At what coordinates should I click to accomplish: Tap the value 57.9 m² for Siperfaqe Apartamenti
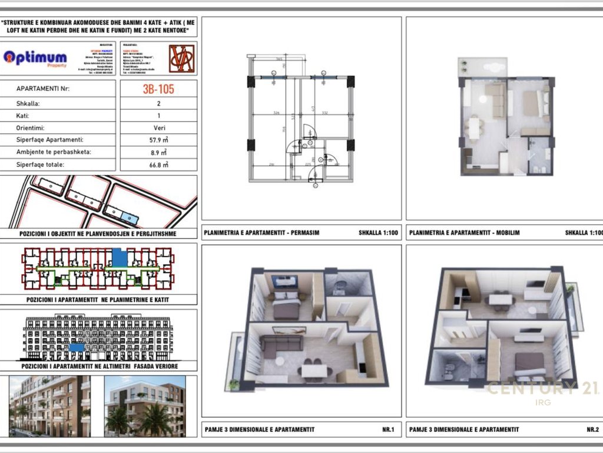(x=158, y=140)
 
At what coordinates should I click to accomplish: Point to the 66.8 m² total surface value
(x=158, y=165)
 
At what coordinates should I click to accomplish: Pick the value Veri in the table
(x=158, y=127)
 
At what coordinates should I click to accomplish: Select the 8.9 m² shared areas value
(x=158, y=152)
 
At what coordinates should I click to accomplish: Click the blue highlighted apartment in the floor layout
(x=120, y=258)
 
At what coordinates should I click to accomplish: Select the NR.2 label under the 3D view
(x=592, y=429)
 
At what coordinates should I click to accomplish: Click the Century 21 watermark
(x=542, y=389)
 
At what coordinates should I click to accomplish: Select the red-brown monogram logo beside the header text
(x=180, y=58)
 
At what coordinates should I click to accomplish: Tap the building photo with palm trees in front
(x=144, y=407)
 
